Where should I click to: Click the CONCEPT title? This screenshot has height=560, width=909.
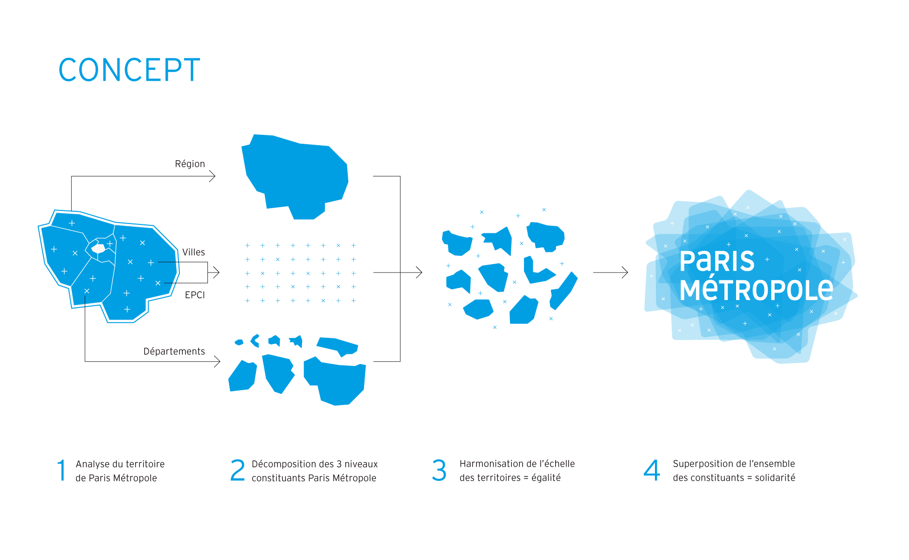pos(129,70)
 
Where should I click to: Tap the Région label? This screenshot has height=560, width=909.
pos(190,164)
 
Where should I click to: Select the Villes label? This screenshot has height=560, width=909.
pos(193,252)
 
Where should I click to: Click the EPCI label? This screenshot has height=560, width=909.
pos(195,295)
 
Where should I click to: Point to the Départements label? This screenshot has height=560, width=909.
pos(174,351)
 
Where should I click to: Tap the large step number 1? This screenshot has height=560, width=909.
pos(62,470)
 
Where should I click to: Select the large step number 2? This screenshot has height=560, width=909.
pos(237,470)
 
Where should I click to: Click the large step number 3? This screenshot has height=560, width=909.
pos(439,470)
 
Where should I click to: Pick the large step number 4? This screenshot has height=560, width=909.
pos(652,470)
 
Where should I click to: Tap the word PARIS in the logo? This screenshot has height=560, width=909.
pos(717,261)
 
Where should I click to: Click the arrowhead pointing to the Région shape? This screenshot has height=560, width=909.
pos(213,176)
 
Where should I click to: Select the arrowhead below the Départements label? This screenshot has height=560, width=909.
pos(217,362)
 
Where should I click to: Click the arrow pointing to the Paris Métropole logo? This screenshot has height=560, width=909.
pos(611,273)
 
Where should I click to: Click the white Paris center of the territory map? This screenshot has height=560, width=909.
pos(98,248)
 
